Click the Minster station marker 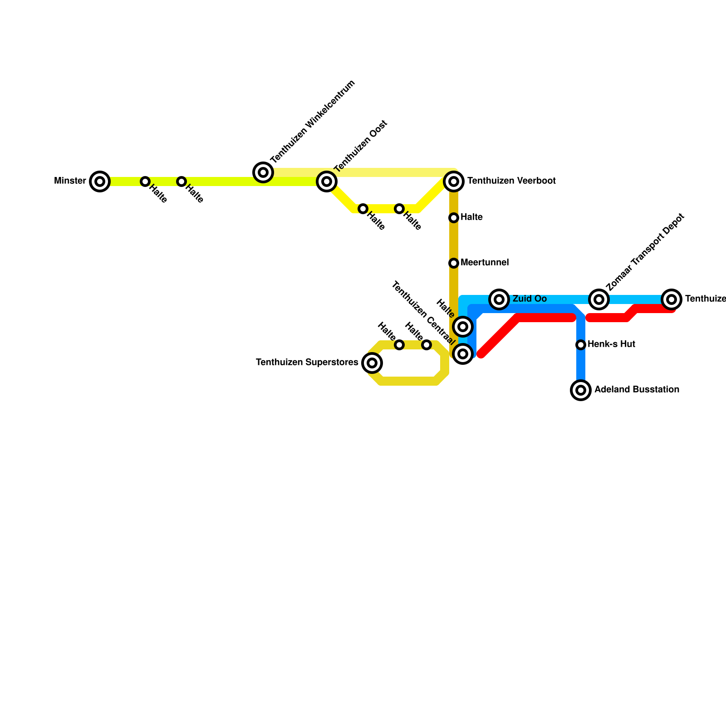tap(100, 181)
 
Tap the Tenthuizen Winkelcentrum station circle tap(263, 172)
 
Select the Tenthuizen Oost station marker tap(327, 181)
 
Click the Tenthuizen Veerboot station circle tap(454, 181)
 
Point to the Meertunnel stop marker tap(454, 263)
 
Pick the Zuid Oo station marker tap(499, 299)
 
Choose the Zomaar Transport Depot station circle tap(599, 299)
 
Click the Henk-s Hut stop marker tap(581, 345)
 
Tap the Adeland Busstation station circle tap(581, 390)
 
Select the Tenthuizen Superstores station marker tap(372, 363)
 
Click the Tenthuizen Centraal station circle tap(463, 354)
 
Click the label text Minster tap(70, 181)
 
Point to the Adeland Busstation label tap(637, 390)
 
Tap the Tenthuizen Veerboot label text tap(511, 181)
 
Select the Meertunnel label tap(485, 263)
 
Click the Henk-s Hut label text tap(611, 344)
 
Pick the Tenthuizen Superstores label tap(307, 363)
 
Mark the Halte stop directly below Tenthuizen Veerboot tap(454, 218)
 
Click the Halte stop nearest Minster tap(145, 181)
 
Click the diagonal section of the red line tap(499, 336)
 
